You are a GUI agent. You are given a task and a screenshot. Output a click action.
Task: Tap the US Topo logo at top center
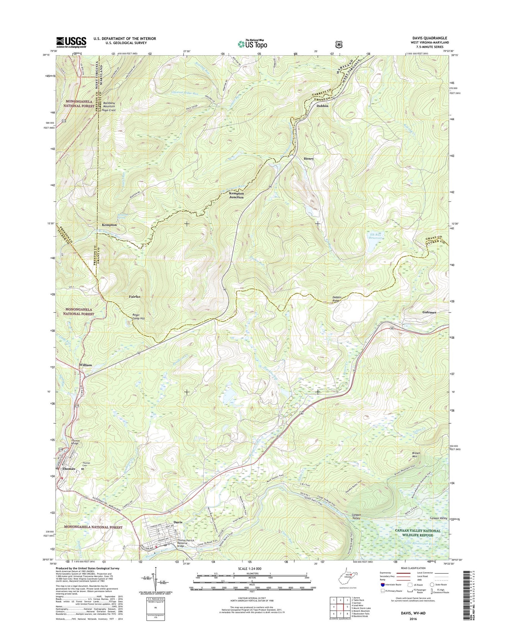tap(252, 43)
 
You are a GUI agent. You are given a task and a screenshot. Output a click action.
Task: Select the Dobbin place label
tap(322, 106)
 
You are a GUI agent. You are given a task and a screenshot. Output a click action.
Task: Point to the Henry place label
tap(308, 158)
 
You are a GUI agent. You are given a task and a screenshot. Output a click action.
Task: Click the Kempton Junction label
tap(236, 195)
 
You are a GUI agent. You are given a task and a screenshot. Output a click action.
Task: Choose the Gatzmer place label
tap(429, 312)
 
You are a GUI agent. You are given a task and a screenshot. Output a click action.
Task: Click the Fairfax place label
tap(135, 297)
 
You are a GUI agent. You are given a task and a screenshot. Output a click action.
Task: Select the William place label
tap(86, 365)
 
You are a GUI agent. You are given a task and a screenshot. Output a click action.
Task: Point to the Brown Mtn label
tap(416, 455)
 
